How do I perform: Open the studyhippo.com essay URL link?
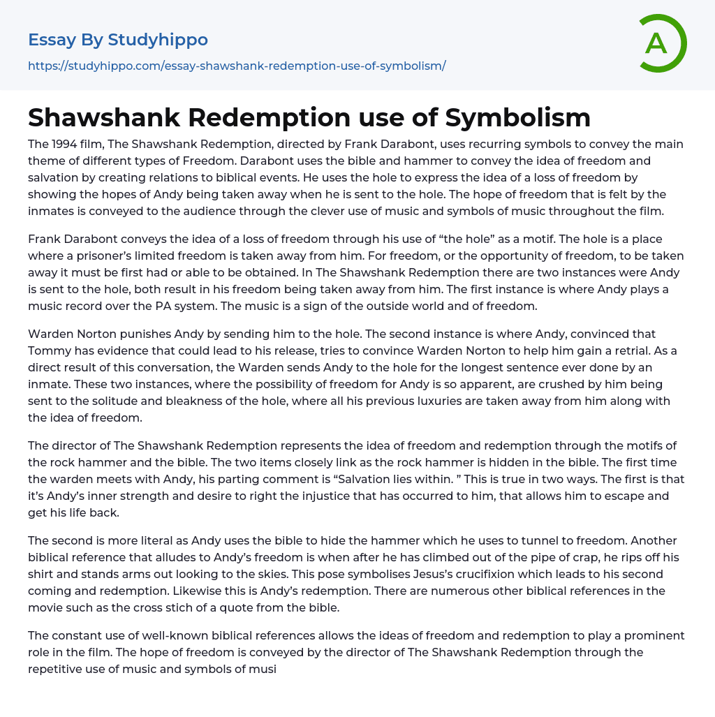(x=237, y=66)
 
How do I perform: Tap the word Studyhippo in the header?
(x=158, y=40)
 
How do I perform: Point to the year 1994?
(x=64, y=144)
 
